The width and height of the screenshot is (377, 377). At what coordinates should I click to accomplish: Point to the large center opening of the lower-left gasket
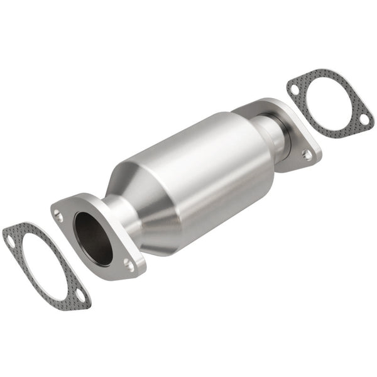[x=44, y=264]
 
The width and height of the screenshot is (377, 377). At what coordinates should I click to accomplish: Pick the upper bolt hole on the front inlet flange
[x=58, y=216]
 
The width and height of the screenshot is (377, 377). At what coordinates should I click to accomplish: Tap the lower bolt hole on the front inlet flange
[x=129, y=264]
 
